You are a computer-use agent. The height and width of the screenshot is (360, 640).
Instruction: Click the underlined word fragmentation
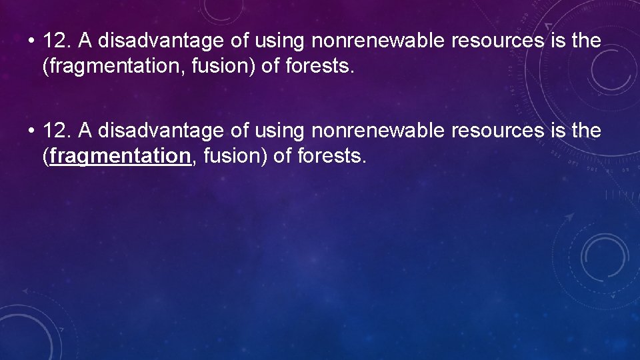(x=119, y=156)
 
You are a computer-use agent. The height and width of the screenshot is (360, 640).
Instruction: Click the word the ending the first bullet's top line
(x=587, y=41)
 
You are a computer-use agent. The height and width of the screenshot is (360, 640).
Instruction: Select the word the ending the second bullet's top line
(x=587, y=131)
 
